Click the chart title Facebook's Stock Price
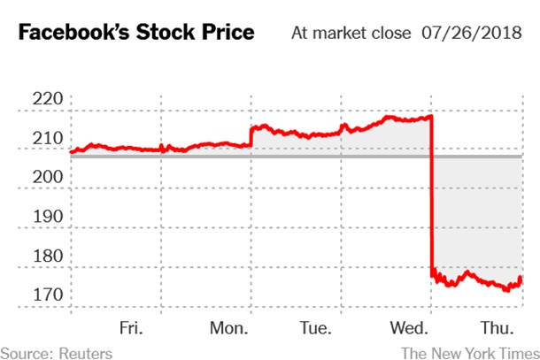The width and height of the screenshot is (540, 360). click(136, 34)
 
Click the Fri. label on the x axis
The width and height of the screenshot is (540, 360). click(130, 328)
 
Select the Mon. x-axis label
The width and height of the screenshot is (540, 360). click(229, 328)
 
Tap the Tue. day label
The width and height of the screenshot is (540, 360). click(316, 328)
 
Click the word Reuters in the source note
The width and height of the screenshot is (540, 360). click(85, 352)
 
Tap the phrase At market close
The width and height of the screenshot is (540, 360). click(351, 34)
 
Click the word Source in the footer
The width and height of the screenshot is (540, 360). click(26, 352)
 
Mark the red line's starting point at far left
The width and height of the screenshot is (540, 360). click(72, 151)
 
